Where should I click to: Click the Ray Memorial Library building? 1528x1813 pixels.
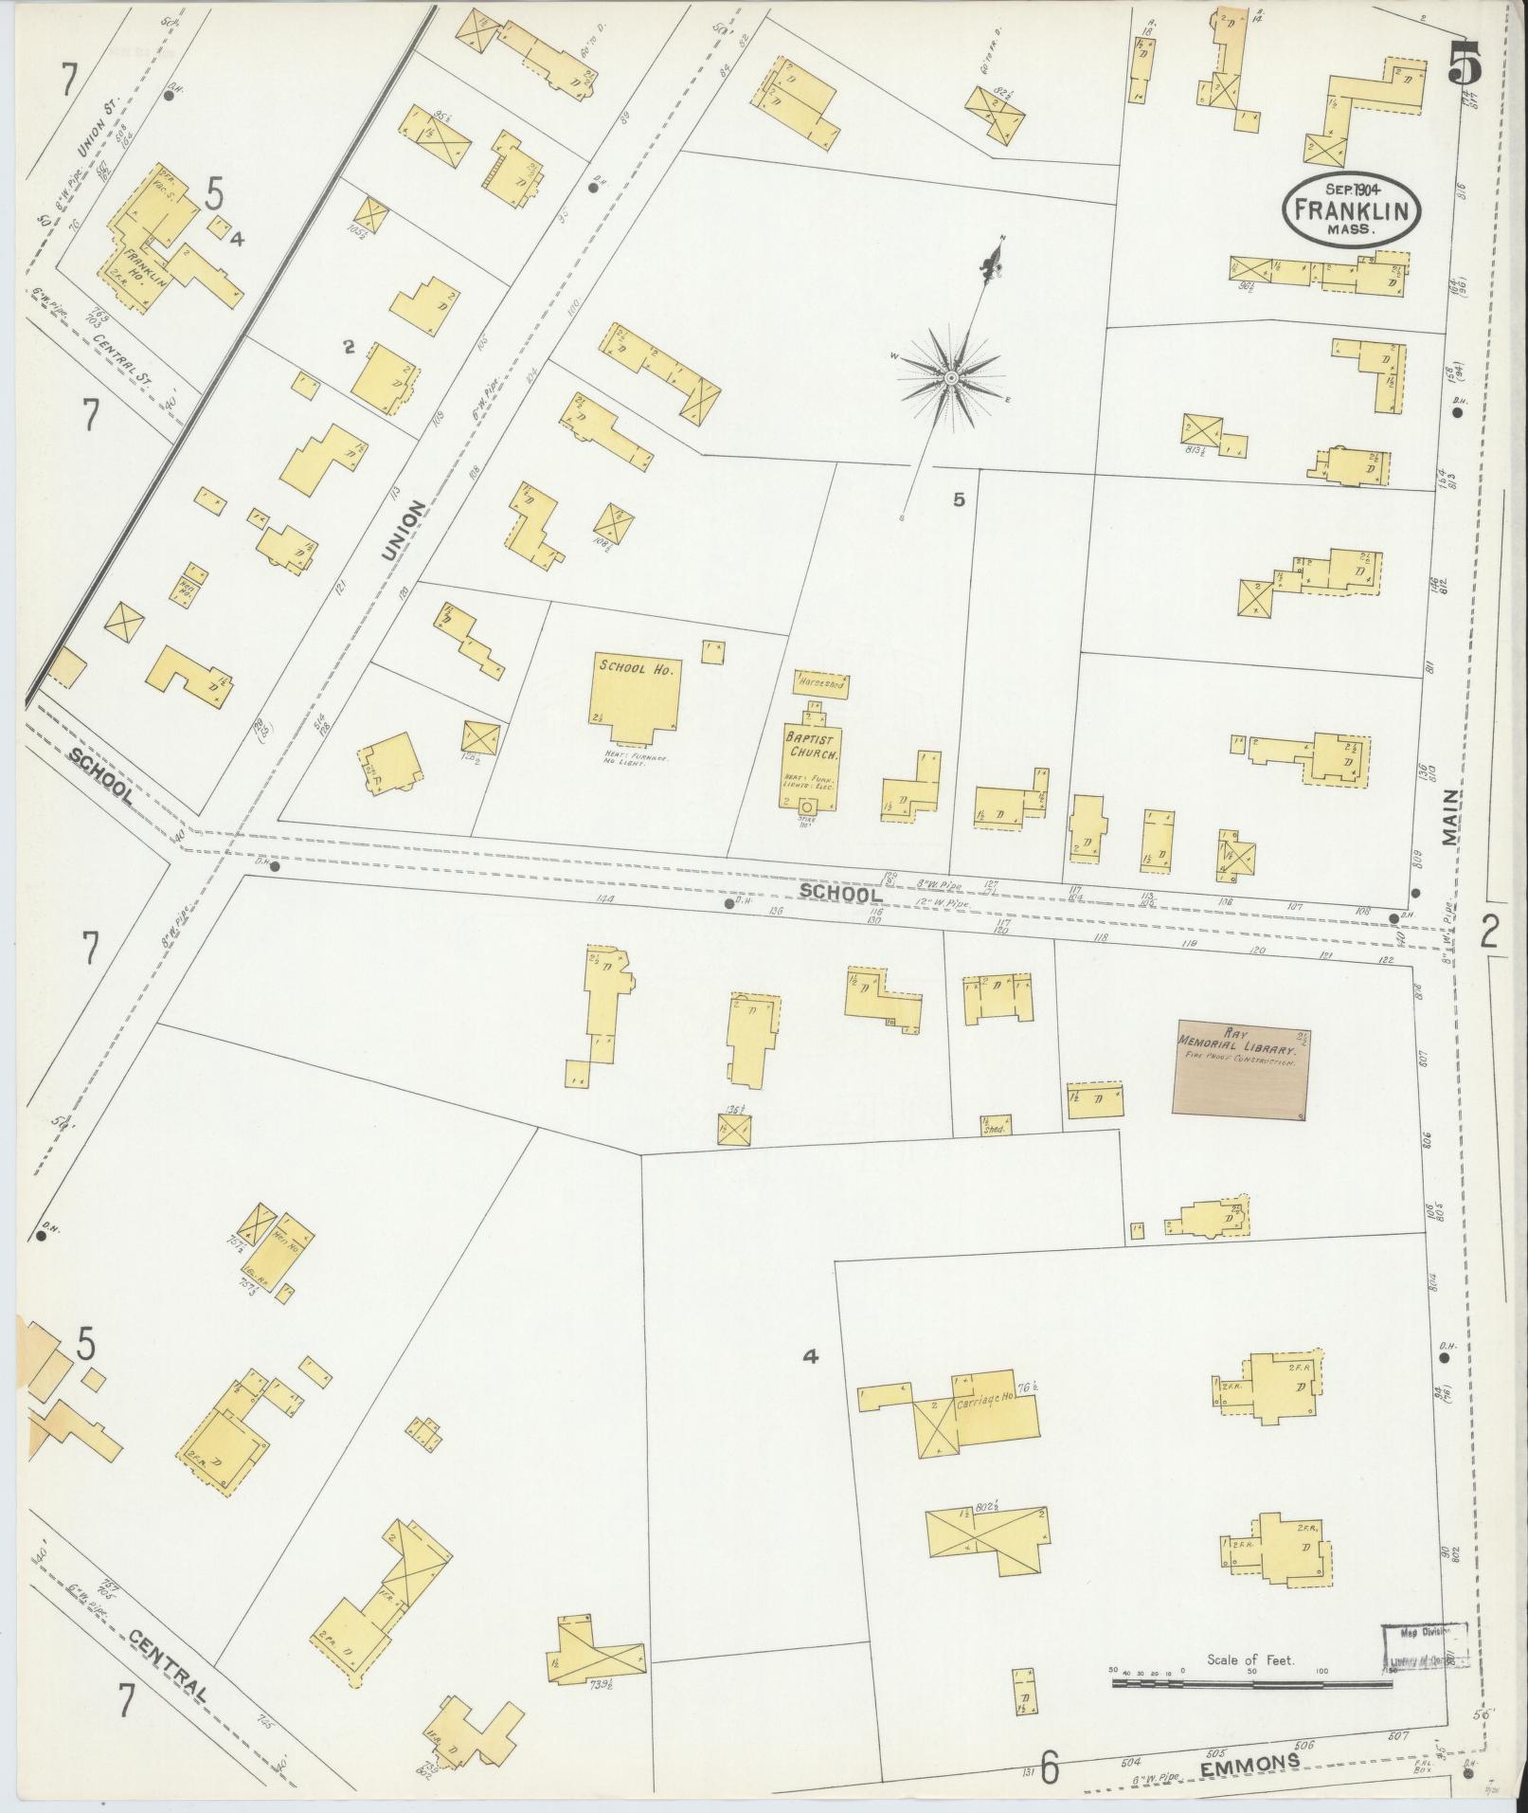pyautogui.click(x=1242, y=1067)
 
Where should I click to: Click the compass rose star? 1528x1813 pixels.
pyautogui.click(x=949, y=378)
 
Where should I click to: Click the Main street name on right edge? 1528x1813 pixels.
pyautogui.click(x=1451, y=817)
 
